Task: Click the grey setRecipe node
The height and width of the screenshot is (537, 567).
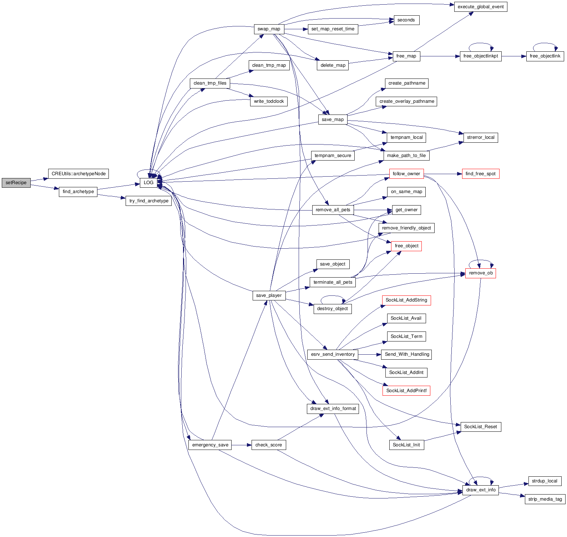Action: click(16, 183)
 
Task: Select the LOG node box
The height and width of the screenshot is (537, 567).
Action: click(148, 183)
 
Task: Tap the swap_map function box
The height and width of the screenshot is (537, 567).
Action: click(269, 29)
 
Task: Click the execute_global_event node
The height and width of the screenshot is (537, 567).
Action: click(480, 7)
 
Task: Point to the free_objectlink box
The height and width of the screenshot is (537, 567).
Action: click(545, 56)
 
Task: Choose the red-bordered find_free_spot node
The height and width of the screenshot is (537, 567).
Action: click(480, 174)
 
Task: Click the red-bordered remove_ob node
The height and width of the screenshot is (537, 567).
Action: click(480, 273)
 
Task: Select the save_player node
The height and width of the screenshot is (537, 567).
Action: click(269, 295)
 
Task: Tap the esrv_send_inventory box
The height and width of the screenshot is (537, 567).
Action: click(333, 354)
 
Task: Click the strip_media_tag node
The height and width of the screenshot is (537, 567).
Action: click(545, 499)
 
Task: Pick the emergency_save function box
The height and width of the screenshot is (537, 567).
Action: click(210, 445)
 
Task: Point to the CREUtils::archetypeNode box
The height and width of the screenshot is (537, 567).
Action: click(79, 174)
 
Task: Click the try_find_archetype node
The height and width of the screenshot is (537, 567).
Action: click(148, 201)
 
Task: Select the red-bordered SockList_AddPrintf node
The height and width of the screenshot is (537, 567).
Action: click(406, 391)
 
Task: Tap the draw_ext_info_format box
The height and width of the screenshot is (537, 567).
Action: click(333, 409)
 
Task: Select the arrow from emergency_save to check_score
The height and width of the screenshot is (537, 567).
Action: click(241, 445)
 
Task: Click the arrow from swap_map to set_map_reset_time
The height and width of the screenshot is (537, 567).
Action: click(295, 29)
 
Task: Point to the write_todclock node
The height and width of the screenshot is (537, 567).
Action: click(269, 101)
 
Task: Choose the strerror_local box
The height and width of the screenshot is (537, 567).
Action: click(480, 137)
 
